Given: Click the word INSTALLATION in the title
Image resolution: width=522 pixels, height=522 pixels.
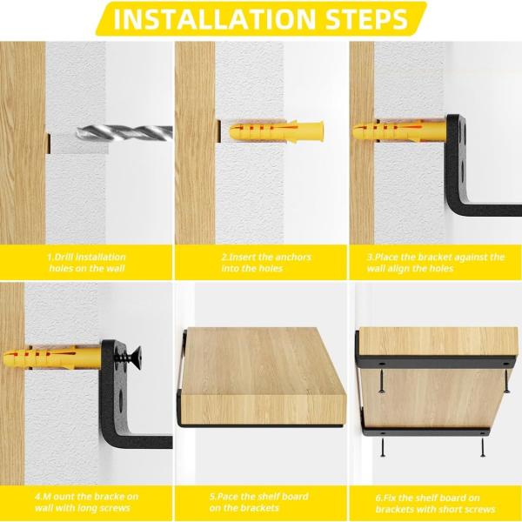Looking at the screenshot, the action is (x=214, y=19).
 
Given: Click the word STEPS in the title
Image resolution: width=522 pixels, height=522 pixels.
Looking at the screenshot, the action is (x=366, y=19).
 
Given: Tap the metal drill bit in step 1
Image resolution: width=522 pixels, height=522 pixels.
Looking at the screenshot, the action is (x=124, y=132).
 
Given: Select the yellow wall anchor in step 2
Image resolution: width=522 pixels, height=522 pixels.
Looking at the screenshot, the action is (x=276, y=131).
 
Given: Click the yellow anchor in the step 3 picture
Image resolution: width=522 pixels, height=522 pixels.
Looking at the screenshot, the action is (x=399, y=130).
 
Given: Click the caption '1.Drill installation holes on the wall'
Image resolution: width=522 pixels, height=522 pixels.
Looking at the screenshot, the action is (x=86, y=263).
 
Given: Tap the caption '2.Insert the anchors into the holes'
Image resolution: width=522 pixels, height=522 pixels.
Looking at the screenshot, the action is (x=266, y=263).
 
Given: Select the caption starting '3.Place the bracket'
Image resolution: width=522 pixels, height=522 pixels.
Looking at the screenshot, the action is (x=436, y=263).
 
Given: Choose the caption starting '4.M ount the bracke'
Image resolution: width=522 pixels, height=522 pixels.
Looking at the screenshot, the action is (x=86, y=502).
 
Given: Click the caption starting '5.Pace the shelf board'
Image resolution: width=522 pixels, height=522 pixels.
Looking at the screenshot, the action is (x=258, y=502).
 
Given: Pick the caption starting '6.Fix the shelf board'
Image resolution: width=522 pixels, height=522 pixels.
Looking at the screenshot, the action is (x=436, y=504).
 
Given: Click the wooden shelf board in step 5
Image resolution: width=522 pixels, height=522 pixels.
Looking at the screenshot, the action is (x=263, y=376).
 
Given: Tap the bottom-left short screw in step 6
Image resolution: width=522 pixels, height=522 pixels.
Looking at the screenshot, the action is (x=383, y=447).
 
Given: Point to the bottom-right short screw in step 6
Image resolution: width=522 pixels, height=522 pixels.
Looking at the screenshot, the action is (x=482, y=447).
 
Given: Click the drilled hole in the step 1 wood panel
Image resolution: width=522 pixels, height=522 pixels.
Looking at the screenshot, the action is (x=49, y=144).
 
